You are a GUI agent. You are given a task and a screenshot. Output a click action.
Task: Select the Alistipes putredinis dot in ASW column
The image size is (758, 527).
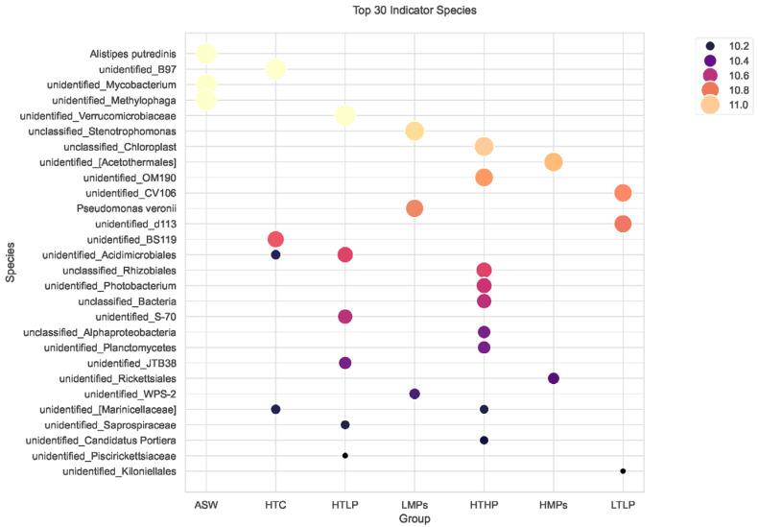click(x=206, y=54)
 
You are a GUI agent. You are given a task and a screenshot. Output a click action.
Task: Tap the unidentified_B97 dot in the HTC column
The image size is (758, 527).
click(x=275, y=69)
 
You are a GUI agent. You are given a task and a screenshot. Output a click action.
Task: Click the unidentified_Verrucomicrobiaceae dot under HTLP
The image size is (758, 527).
click(x=345, y=115)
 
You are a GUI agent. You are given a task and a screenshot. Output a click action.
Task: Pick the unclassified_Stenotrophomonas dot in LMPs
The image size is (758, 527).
click(x=415, y=131)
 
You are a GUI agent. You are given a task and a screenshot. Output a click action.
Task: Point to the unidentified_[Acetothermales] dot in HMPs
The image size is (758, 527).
click(x=554, y=161)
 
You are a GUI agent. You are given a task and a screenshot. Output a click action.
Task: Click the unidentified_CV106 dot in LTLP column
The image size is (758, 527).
click(x=623, y=193)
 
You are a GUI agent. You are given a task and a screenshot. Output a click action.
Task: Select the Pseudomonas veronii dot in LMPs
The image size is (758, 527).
click(x=415, y=208)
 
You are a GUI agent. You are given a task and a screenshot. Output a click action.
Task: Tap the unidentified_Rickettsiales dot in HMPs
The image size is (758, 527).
click(x=554, y=378)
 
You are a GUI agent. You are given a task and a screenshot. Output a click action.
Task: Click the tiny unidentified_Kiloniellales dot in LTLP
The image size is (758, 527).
click(x=623, y=471)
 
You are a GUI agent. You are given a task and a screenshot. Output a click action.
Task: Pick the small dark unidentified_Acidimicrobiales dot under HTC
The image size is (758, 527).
click(x=275, y=254)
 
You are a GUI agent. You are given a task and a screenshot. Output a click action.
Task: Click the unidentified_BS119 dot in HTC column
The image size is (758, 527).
click(x=275, y=239)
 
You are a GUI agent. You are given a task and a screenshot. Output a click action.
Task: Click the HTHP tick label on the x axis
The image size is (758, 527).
click(x=484, y=504)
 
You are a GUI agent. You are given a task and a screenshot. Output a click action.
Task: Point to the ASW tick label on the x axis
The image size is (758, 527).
click(x=206, y=504)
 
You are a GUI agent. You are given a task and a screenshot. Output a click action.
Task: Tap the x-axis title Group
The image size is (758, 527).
click(x=414, y=518)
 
